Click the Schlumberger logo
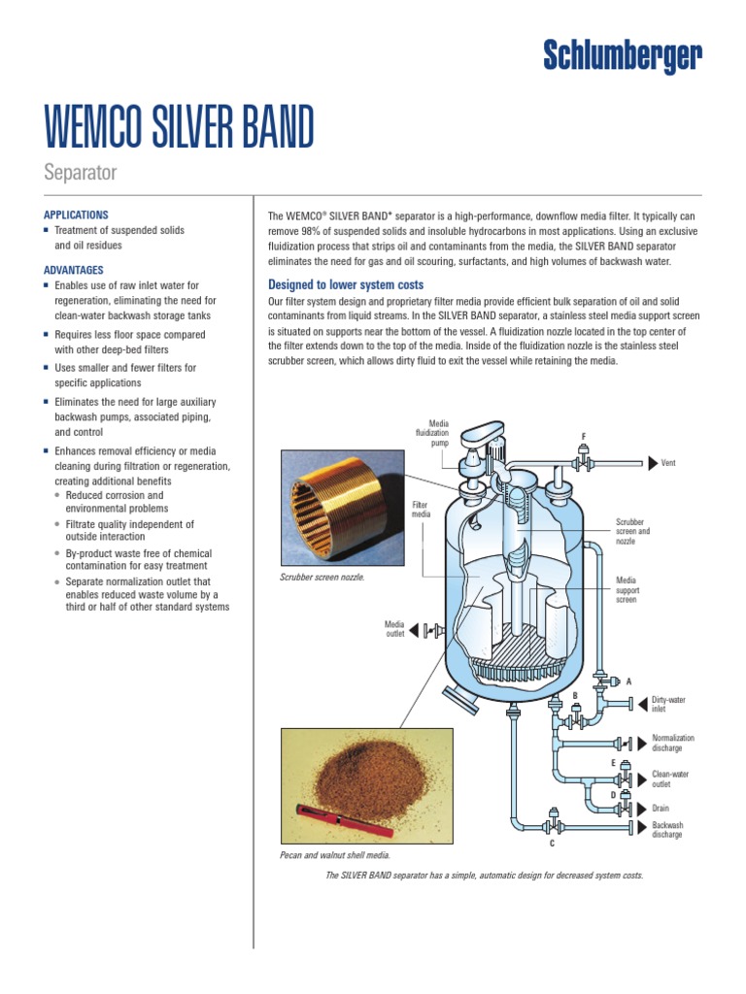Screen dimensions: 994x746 (x=621, y=56)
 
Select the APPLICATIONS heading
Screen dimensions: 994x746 (x=76, y=215)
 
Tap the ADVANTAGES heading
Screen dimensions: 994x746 (x=73, y=270)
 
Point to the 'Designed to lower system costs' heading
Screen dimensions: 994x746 (x=345, y=284)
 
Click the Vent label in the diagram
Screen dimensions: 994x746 (x=668, y=464)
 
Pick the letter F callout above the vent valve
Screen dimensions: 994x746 (x=583, y=437)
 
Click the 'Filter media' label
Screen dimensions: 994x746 (x=420, y=510)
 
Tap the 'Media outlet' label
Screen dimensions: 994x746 (x=393, y=630)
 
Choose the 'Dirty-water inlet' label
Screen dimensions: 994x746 (x=668, y=704)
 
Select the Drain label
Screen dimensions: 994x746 (x=661, y=808)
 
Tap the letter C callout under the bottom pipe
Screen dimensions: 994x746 (x=552, y=844)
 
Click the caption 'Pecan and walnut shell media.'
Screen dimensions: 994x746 (x=334, y=855)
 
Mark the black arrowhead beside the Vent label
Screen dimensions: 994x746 (x=652, y=464)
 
